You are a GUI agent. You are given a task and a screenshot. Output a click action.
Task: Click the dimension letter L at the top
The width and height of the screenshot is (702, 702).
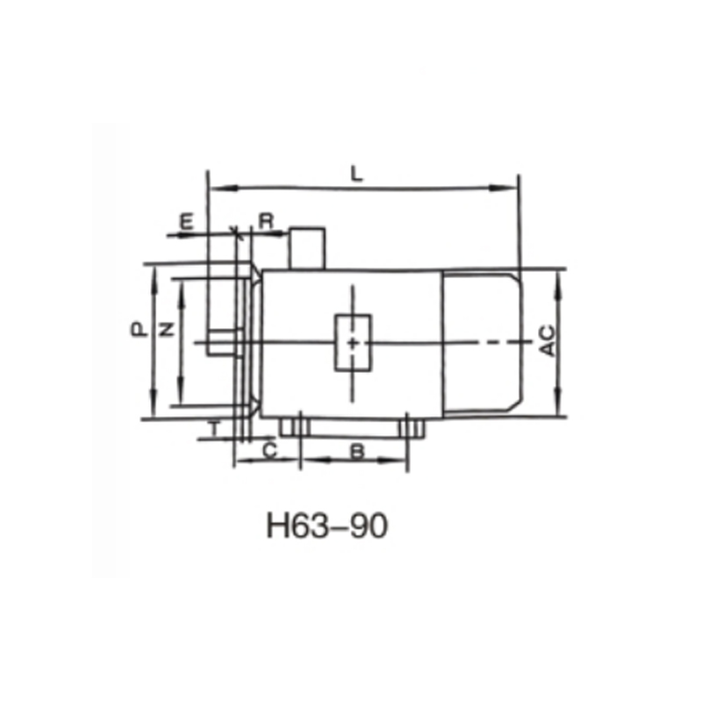355,173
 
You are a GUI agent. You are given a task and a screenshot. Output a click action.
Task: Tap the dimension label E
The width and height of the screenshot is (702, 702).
186,220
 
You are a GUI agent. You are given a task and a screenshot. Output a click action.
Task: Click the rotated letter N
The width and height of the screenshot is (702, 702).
166,330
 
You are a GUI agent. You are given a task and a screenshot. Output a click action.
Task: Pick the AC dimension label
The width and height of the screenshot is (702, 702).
546,340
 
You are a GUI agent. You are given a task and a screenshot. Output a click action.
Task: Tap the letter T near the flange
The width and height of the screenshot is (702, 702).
213,429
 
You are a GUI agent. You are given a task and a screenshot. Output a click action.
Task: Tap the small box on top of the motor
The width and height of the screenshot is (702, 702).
307,247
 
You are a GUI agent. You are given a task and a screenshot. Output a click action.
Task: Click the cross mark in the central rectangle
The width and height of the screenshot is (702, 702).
352,343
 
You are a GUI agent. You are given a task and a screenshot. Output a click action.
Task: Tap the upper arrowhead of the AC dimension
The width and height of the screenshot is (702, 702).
558,275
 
